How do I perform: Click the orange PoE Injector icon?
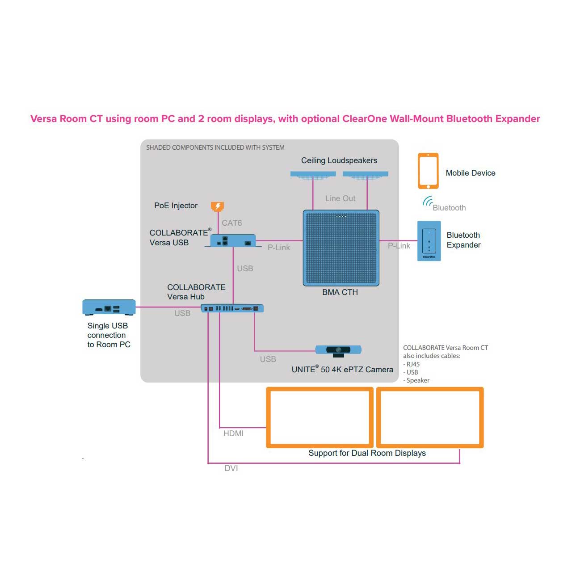pos(217,206)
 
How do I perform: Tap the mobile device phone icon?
pos(428,171)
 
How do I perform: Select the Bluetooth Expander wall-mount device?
pos(429,241)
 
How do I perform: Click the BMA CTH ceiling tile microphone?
pos(341,248)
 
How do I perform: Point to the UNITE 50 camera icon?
pos(338,350)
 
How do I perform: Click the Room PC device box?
pos(109,307)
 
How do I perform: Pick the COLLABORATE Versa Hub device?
pos(232,308)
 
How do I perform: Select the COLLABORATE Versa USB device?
pos(233,240)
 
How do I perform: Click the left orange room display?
pos(320,417)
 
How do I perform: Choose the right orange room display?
pos(430,417)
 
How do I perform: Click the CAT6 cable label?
pos(232,223)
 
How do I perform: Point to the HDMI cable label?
pos(233,433)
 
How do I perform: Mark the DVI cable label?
pos(231,468)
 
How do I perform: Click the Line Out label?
pos(340,198)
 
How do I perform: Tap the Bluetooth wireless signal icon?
pos(428,202)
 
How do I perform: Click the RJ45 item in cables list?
pos(413,364)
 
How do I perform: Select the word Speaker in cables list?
pos(418,380)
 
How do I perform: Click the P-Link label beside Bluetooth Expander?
pos(399,246)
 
